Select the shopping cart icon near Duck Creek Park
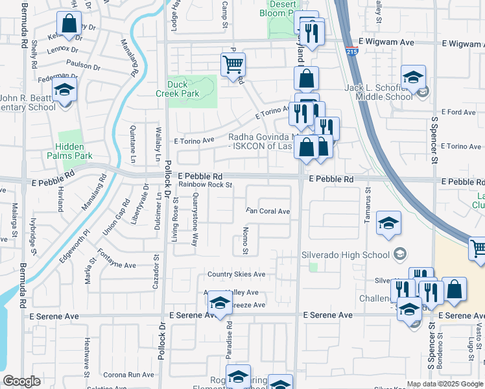[233, 65]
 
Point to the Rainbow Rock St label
[206, 184]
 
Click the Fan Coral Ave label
[267, 211]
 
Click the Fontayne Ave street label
[116, 265]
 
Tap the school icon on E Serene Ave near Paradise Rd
[220, 303]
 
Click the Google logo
[22, 381]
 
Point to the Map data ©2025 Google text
[445, 384]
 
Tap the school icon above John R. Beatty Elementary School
[65, 90]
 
